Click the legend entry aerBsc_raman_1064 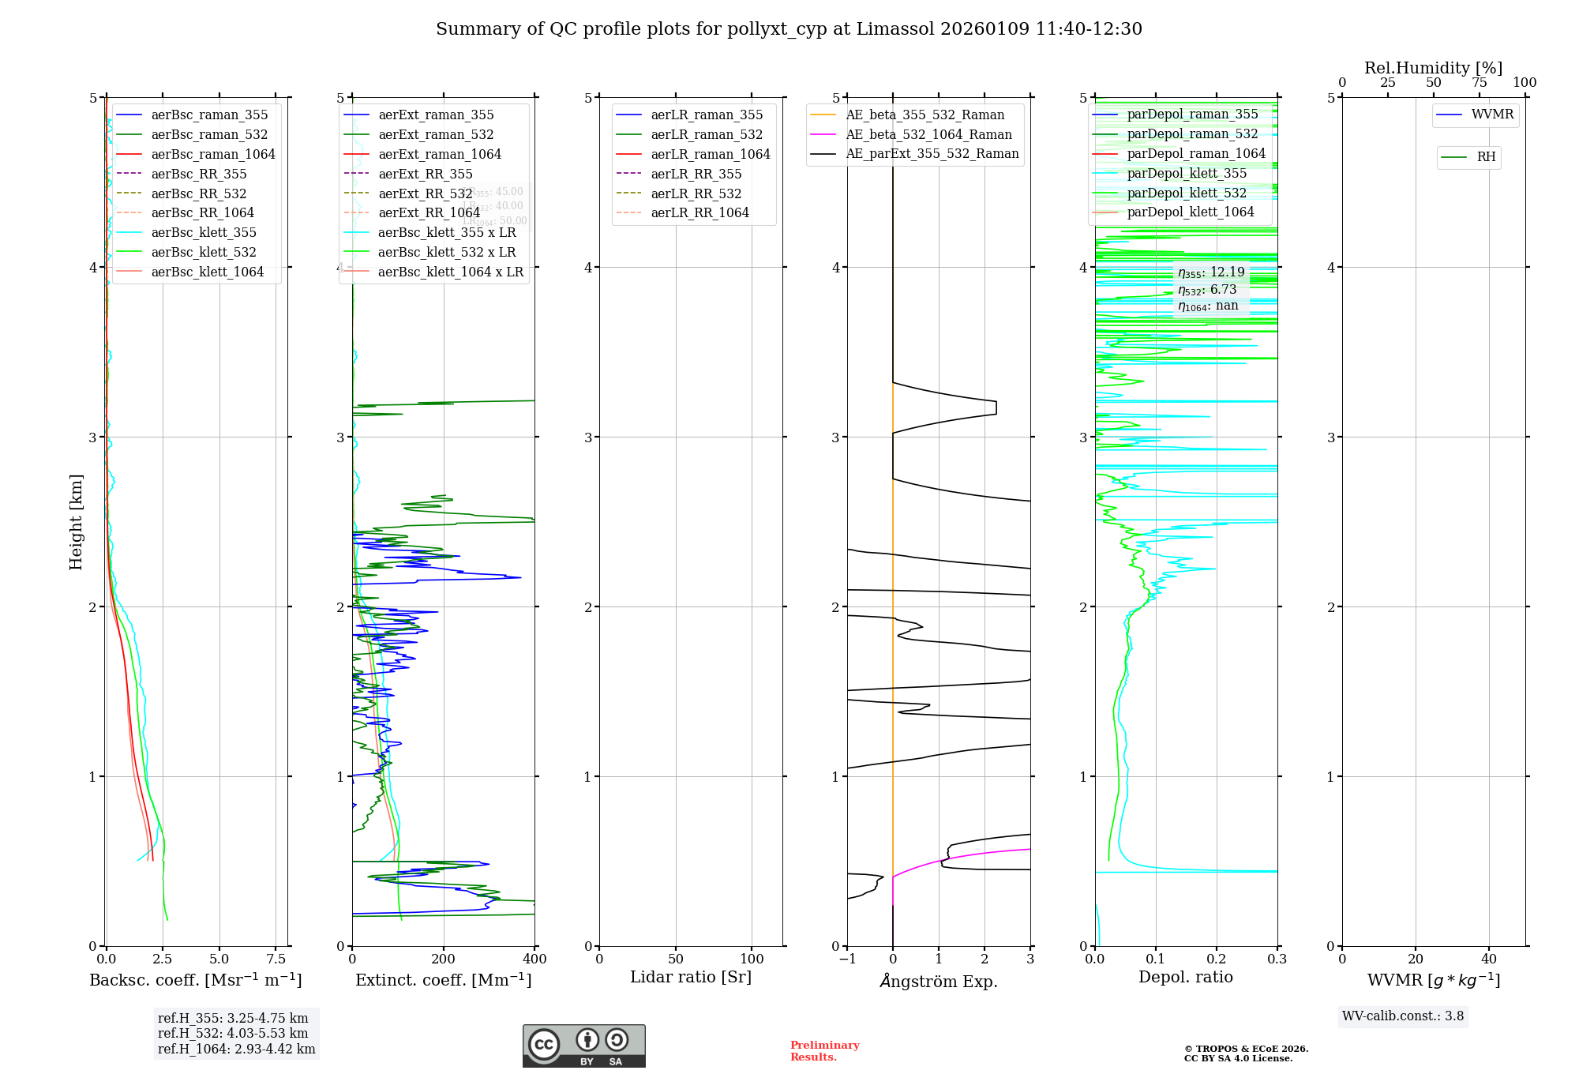(213, 154)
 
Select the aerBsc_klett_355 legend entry (204, 232)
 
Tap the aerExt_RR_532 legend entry (425, 193)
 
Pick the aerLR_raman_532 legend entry (707, 134)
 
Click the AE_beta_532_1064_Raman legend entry (928, 134)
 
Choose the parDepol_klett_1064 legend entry (1190, 212)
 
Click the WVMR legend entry (1492, 115)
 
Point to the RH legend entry (1486, 157)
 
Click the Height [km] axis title (76, 521)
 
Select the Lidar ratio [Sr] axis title (691, 977)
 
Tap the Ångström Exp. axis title (939, 981)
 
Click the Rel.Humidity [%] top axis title (1433, 68)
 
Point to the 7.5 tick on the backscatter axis (276, 959)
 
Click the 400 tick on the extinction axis (534, 959)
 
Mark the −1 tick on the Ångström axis (847, 959)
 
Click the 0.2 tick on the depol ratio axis (1217, 959)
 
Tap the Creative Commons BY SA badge (583, 1046)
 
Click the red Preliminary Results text (824, 1051)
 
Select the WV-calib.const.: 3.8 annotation (1403, 1016)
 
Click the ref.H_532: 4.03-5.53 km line (233, 1033)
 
